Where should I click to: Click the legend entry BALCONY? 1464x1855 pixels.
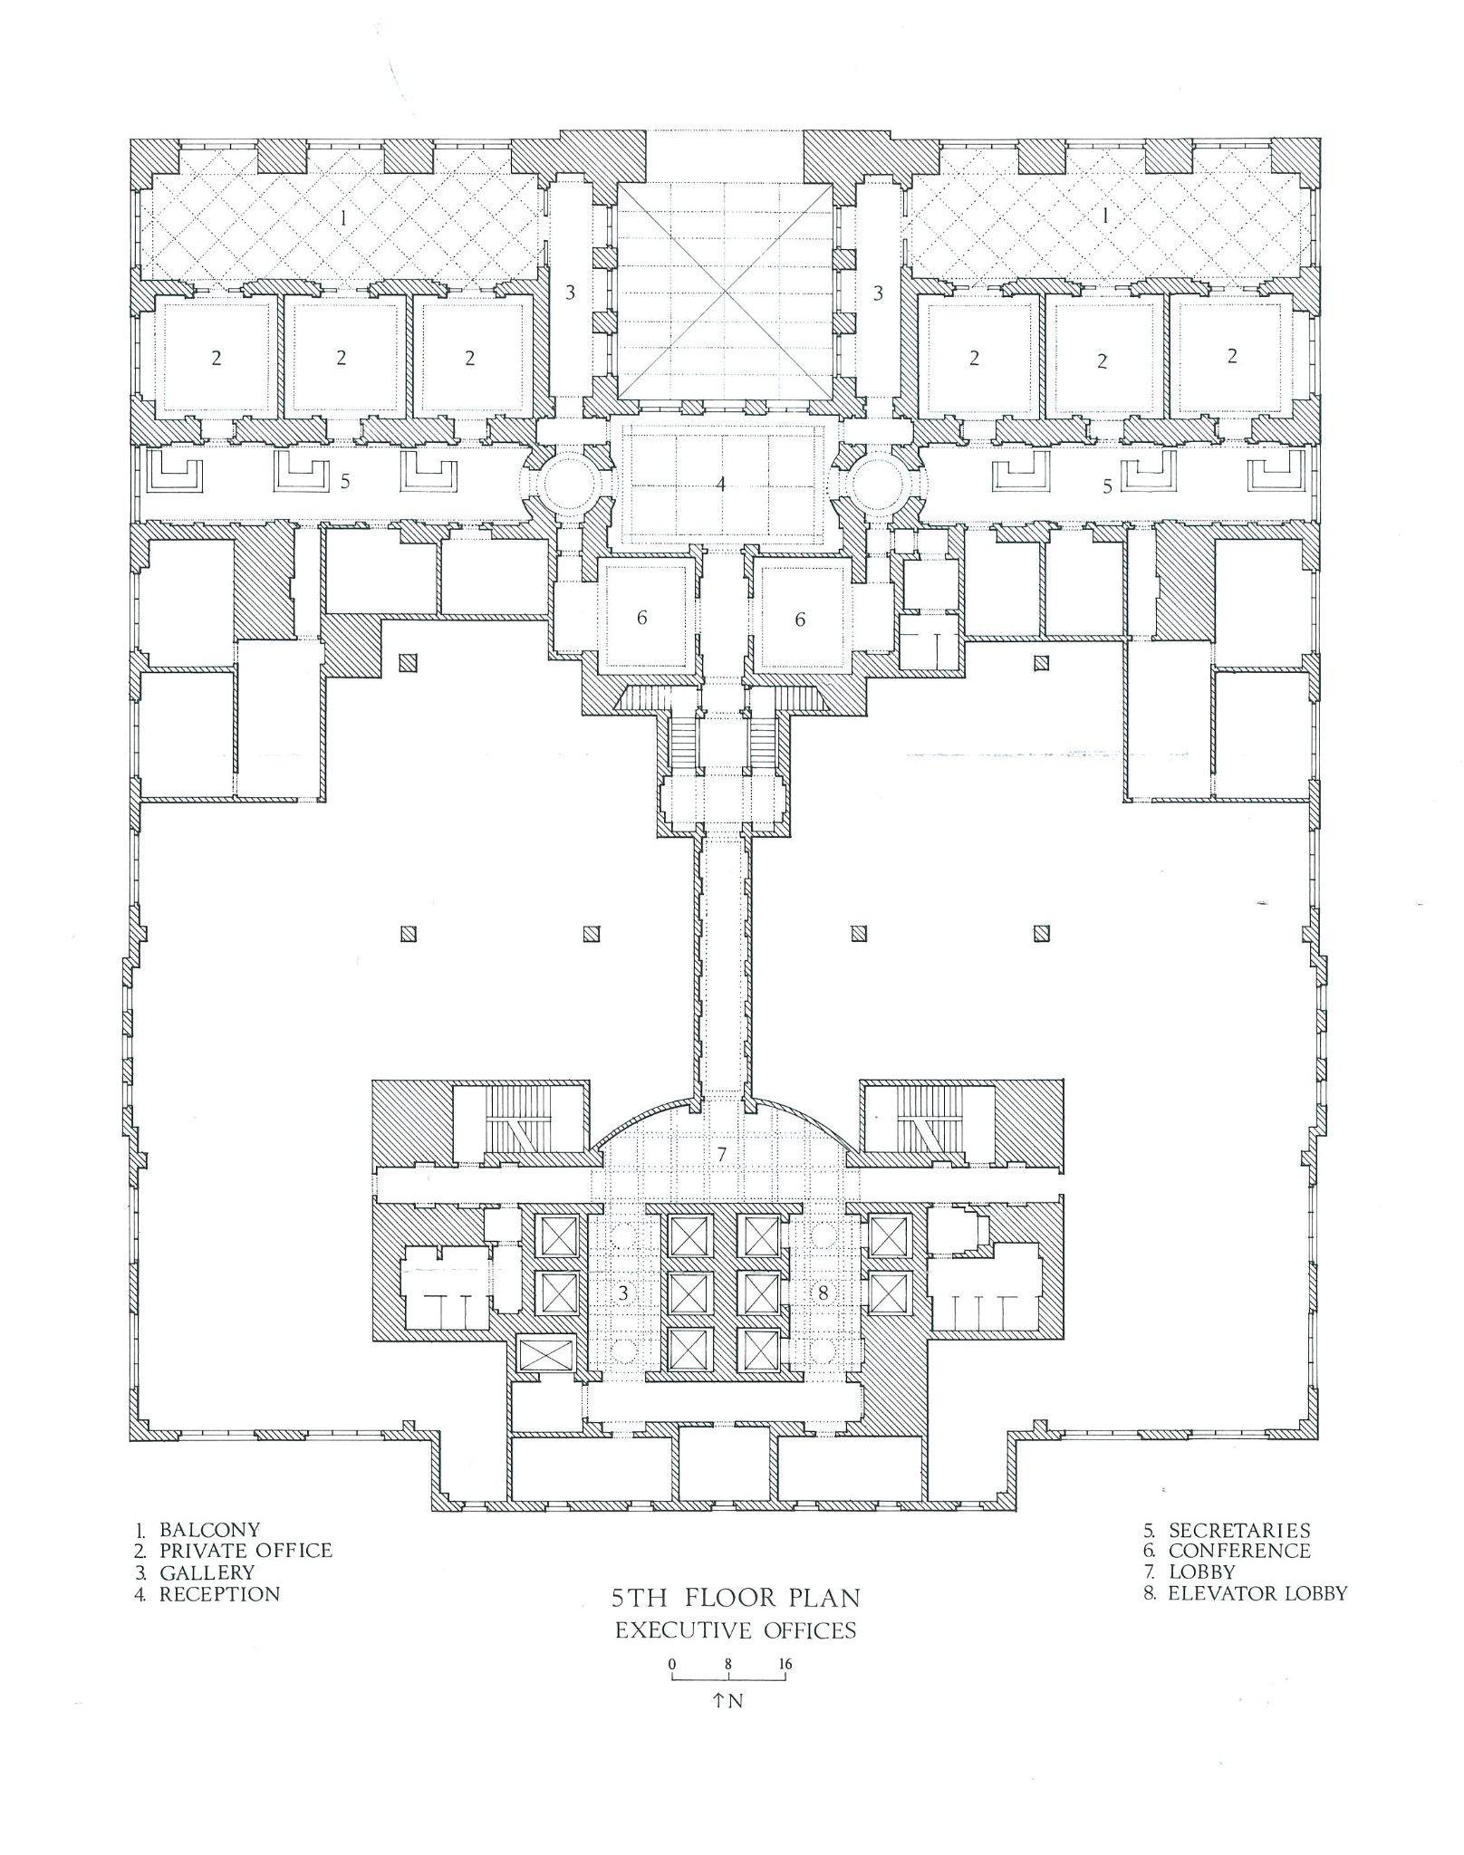coord(208,1531)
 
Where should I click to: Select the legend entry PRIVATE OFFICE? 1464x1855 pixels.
coord(245,1552)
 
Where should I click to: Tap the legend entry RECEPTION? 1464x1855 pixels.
coord(219,1594)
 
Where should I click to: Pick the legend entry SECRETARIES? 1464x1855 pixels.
coord(1238,1531)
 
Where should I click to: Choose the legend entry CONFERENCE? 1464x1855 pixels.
coord(1238,1552)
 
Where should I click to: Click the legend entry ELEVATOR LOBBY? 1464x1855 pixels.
coord(1257,1593)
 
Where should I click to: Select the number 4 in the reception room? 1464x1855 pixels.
coord(721,484)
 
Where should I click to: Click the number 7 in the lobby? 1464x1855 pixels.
coord(722,1155)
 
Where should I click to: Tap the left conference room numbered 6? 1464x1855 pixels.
coord(642,619)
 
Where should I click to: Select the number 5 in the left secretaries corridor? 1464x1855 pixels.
coord(345,481)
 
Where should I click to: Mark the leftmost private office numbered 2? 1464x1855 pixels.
coord(216,358)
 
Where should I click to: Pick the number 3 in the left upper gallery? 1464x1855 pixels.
coord(570,293)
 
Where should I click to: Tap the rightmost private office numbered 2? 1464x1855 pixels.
coord(1231,357)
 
